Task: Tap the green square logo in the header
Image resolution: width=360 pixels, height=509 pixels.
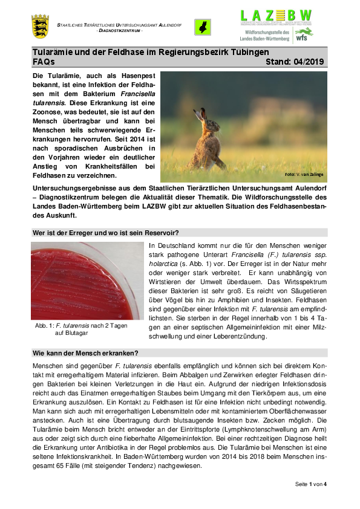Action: [x=202, y=27]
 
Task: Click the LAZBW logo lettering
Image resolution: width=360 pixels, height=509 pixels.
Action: [x=277, y=16]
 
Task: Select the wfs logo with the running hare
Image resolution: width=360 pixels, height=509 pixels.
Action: [x=305, y=36]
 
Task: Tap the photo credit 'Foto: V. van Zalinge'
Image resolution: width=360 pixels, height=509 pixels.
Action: [x=305, y=175]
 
